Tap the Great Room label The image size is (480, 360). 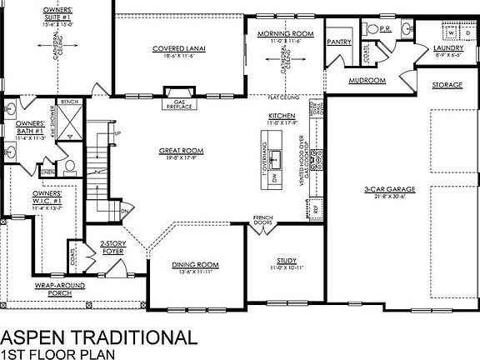pyautogui.click(x=182, y=151)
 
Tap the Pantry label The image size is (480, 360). pyautogui.click(x=337, y=41)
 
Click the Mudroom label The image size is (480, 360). pyautogui.click(x=367, y=81)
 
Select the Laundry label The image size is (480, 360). pyautogui.click(x=448, y=48)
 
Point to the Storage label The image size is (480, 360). pyautogui.click(x=447, y=86)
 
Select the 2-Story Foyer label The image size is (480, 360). pyautogui.click(x=114, y=247)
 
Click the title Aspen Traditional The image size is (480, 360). pyautogui.click(x=99, y=337)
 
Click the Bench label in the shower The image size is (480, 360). pyautogui.click(x=69, y=101)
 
